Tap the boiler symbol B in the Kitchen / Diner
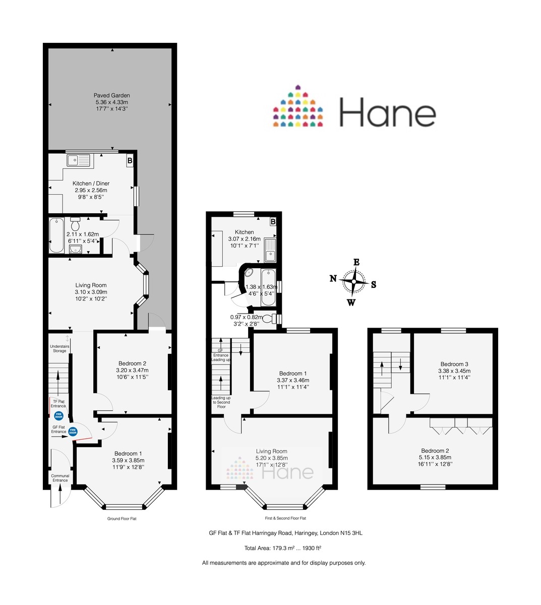click(x=130, y=161)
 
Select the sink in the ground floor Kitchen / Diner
click(x=78, y=161)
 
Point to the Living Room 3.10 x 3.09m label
click(x=91, y=292)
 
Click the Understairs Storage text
click(x=59, y=348)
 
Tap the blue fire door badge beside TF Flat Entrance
click(x=58, y=416)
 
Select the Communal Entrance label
click(x=60, y=478)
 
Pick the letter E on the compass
click(x=356, y=262)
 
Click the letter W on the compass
click(x=351, y=302)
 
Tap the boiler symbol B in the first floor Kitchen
click(x=273, y=222)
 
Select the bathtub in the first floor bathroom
click(x=268, y=288)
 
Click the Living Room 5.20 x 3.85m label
click(x=271, y=458)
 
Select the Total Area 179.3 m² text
click(x=283, y=548)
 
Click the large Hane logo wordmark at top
click(x=387, y=112)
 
